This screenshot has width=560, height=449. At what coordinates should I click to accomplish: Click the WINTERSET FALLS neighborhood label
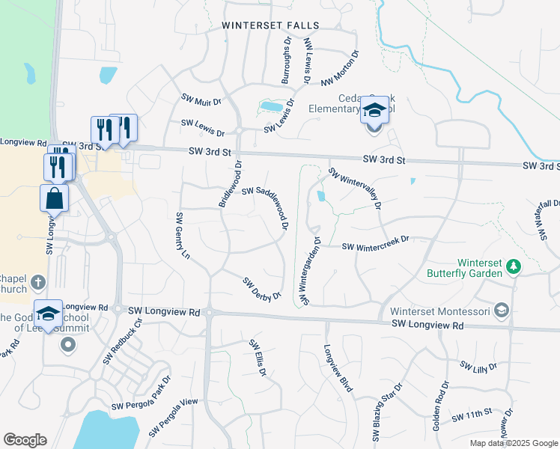pyautogui.click(x=270, y=25)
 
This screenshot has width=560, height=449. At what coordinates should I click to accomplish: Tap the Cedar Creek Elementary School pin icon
pyautogui.click(x=374, y=112)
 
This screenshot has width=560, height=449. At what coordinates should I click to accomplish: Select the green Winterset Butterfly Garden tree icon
pyautogui.click(x=514, y=266)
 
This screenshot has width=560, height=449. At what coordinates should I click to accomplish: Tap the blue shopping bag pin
pyautogui.click(x=55, y=199)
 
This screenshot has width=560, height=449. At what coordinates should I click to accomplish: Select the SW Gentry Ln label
pyautogui.click(x=180, y=236)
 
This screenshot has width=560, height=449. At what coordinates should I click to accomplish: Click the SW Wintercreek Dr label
pyautogui.click(x=377, y=244)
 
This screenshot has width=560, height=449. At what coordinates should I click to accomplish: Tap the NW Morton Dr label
pyautogui.click(x=341, y=68)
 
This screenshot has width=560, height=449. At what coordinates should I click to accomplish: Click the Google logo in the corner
pyautogui.click(x=25, y=439)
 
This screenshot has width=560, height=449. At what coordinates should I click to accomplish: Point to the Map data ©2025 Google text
pyautogui.click(x=513, y=443)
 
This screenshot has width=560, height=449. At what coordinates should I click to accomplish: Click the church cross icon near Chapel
pyautogui.click(x=39, y=283)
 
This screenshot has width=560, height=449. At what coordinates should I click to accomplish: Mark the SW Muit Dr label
pyautogui.click(x=201, y=99)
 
